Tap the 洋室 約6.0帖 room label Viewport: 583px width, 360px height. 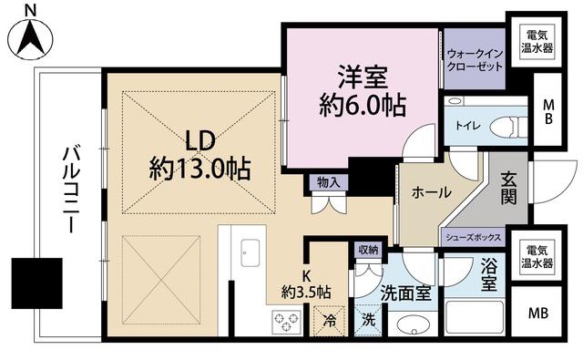(x=363, y=91)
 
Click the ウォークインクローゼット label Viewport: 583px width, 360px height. (x=475, y=60)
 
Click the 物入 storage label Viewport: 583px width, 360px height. (x=329, y=182)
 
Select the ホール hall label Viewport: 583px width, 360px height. (x=431, y=192)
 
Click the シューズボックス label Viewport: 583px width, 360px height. (x=474, y=238)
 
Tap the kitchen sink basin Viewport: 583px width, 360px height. (x=250, y=252)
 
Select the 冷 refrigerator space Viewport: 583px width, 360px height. (x=329, y=321)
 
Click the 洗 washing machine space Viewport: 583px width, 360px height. (x=368, y=321)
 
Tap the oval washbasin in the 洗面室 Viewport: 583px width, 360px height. (x=412, y=325)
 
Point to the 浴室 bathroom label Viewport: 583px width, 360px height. (x=489, y=276)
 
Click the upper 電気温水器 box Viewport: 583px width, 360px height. (x=537, y=41)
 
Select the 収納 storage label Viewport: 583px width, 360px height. (x=368, y=250)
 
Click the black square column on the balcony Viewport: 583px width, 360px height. (x=36, y=283)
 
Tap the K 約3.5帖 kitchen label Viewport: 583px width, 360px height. (x=306, y=284)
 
